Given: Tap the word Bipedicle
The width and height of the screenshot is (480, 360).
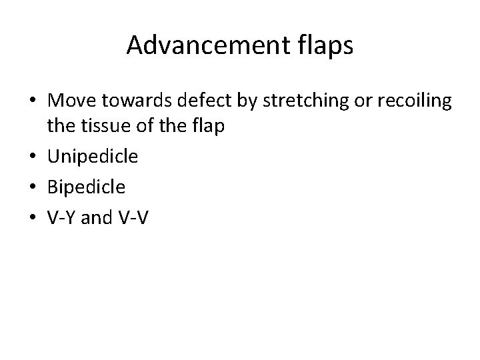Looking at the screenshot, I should [86, 187].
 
